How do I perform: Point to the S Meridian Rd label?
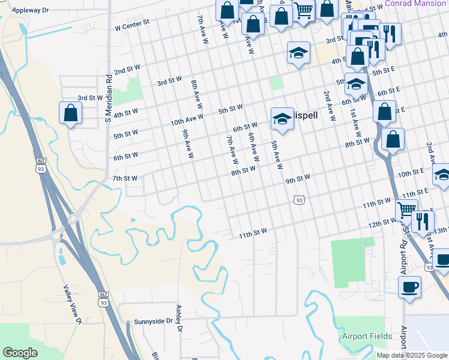click(109, 98)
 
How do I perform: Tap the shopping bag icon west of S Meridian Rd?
click(70, 112)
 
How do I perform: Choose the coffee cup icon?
click(409, 287)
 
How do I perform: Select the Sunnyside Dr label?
click(153, 322)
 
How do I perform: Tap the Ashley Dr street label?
click(178, 316)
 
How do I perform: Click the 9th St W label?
click(297, 179)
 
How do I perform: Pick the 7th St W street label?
click(125, 178)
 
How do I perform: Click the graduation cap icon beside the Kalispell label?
click(281, 118)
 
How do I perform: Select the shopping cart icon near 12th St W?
click(406, 209)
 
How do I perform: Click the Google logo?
click(20, 352)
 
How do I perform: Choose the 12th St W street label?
click(382, 223)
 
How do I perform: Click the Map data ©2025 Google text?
click(411, 355)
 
